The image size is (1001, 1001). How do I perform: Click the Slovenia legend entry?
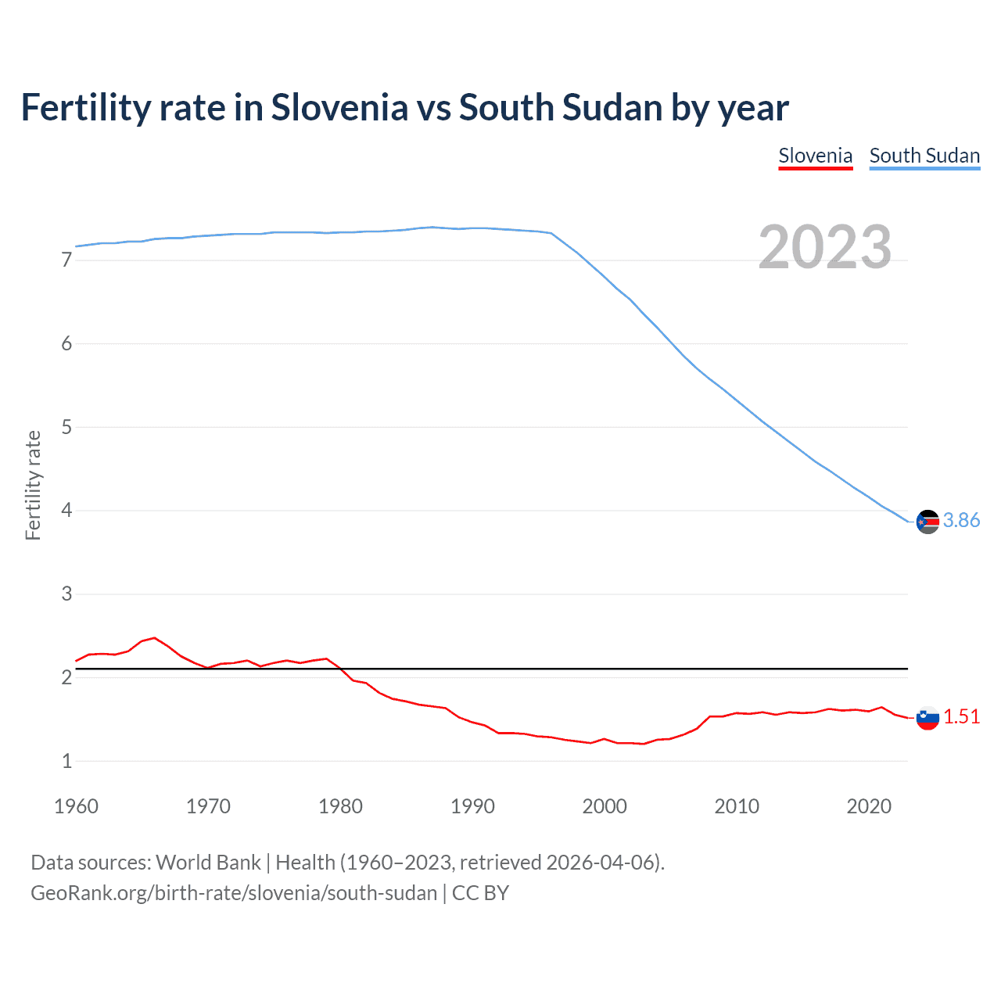coord(815,156)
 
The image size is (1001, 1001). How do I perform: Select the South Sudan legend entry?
coord(924,156)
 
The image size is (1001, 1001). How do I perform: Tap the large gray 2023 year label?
coord(825,247)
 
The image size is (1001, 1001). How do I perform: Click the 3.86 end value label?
coord(961,521)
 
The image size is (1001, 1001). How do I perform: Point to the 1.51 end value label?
coord(961,717)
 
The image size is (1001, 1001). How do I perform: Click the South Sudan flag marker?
coord(927,522)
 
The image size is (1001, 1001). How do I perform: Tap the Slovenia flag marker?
coord(927,717)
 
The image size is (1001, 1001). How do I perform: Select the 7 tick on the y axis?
coord(66,260)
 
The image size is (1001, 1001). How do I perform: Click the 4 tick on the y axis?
coord(66,511)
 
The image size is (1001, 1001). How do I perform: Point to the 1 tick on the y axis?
coord(66,761)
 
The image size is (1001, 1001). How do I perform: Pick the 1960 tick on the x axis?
coord(76,806)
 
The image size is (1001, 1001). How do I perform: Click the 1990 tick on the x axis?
coord(472,806)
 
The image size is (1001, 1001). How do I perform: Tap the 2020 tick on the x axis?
coord(869,806)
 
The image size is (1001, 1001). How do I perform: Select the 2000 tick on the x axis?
coord(605,806)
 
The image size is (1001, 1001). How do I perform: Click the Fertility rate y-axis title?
coord(33,485)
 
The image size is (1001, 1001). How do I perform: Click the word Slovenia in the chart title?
coord(339,108)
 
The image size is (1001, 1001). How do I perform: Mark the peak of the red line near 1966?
coord(155,637)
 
